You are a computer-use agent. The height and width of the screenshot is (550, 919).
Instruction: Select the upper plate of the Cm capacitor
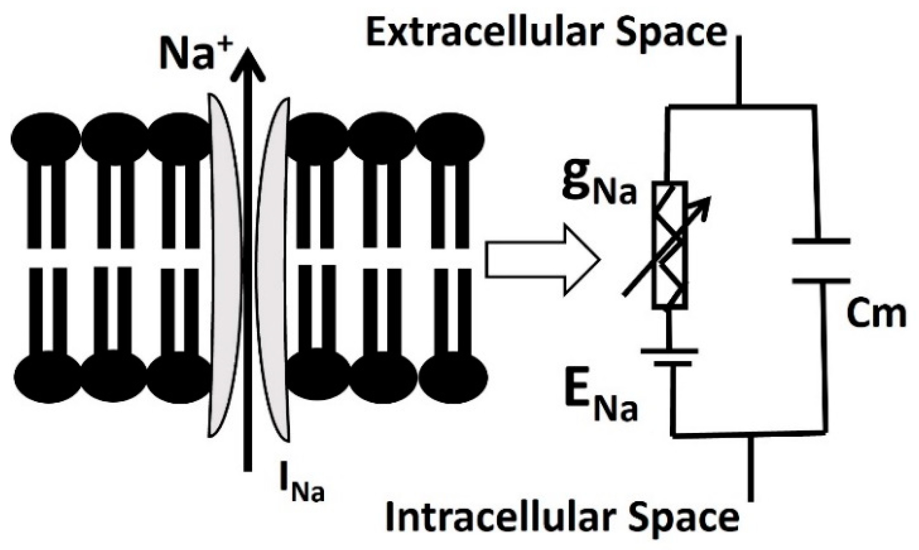click(821, 241)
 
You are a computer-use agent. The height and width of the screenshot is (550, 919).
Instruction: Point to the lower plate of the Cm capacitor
click(821, 281)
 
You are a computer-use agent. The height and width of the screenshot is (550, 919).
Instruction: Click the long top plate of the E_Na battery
click(669, 351)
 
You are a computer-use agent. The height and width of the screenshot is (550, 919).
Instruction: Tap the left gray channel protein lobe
click(225, 265)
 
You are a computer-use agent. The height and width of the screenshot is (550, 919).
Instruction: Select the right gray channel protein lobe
click(274, 269)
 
